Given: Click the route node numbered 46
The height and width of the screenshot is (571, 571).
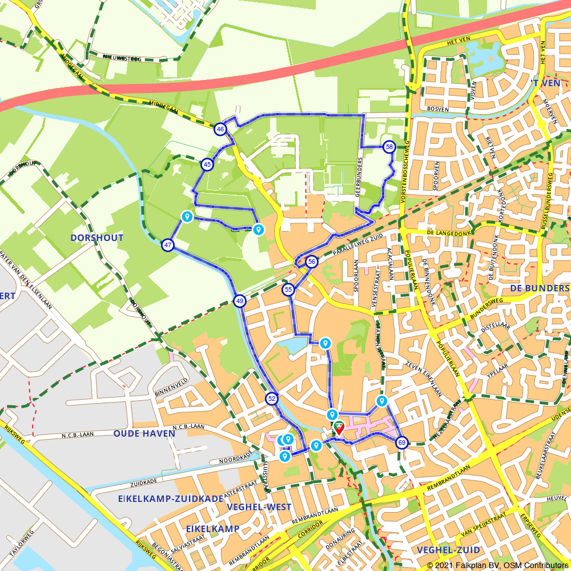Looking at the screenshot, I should click(x=220, y=130).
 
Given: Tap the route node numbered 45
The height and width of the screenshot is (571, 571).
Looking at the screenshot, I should click(x=207, y=164).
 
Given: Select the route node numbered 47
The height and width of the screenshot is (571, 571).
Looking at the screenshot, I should click(x=168, y=246).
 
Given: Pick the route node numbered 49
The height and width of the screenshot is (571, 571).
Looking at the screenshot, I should click(x=239, y=301).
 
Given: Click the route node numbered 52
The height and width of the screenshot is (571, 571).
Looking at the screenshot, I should click(x=272, y=399).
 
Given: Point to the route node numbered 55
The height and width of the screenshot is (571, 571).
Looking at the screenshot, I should click(x=288, y=290).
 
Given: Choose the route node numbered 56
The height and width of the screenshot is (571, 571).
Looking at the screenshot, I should click(x=311, y=262).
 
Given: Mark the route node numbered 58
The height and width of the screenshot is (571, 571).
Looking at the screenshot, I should click(x=389, y=147).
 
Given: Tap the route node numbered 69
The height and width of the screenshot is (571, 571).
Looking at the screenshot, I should click(x=402, y=443).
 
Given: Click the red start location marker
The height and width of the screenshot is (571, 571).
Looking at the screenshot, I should click(x=338, y=428).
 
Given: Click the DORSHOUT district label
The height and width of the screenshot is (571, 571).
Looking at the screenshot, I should click(x=97, y=238).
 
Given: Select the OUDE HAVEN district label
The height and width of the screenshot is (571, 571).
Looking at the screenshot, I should click(x=136, y=433).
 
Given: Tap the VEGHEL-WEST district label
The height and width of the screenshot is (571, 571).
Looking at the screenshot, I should click(x=259, y=507).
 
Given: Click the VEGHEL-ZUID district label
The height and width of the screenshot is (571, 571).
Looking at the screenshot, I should click(x=448, y=550).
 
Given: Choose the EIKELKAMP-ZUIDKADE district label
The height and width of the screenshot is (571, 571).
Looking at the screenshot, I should click(x=171, y=498).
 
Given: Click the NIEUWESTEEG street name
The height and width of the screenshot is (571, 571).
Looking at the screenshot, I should click(x=123, y=57).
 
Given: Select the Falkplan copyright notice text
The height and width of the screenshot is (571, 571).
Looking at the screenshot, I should click(x=497, y=565).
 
